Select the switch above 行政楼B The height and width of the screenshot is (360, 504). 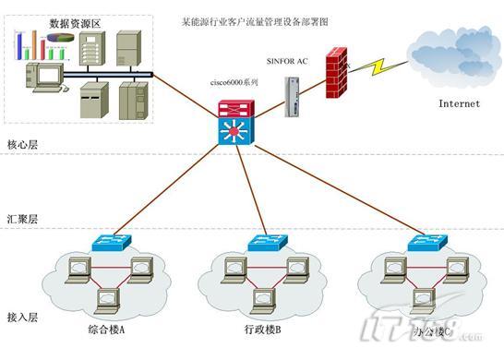click(x=265, y=244)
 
